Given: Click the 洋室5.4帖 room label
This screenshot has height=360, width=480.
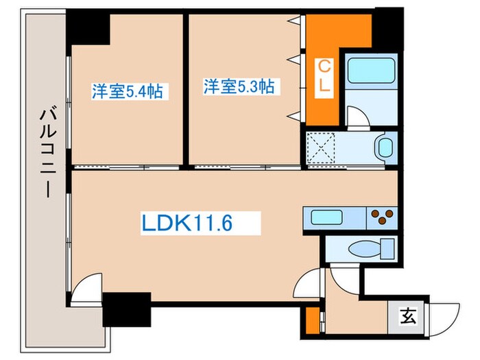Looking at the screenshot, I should (x=128, y=91).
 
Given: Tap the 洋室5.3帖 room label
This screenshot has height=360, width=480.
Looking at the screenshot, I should (x=239, y=87).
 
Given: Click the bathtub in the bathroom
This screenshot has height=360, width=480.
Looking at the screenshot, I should (x=370, y=71).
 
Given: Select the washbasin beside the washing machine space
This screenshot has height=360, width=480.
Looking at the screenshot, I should (x=385, y=147).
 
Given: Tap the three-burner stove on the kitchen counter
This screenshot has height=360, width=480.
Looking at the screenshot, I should (x=381, y=218).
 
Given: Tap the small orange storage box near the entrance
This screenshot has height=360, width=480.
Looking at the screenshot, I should (x=312, y=319).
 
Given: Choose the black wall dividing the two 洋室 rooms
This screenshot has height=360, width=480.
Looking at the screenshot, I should (x=186, y=89).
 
